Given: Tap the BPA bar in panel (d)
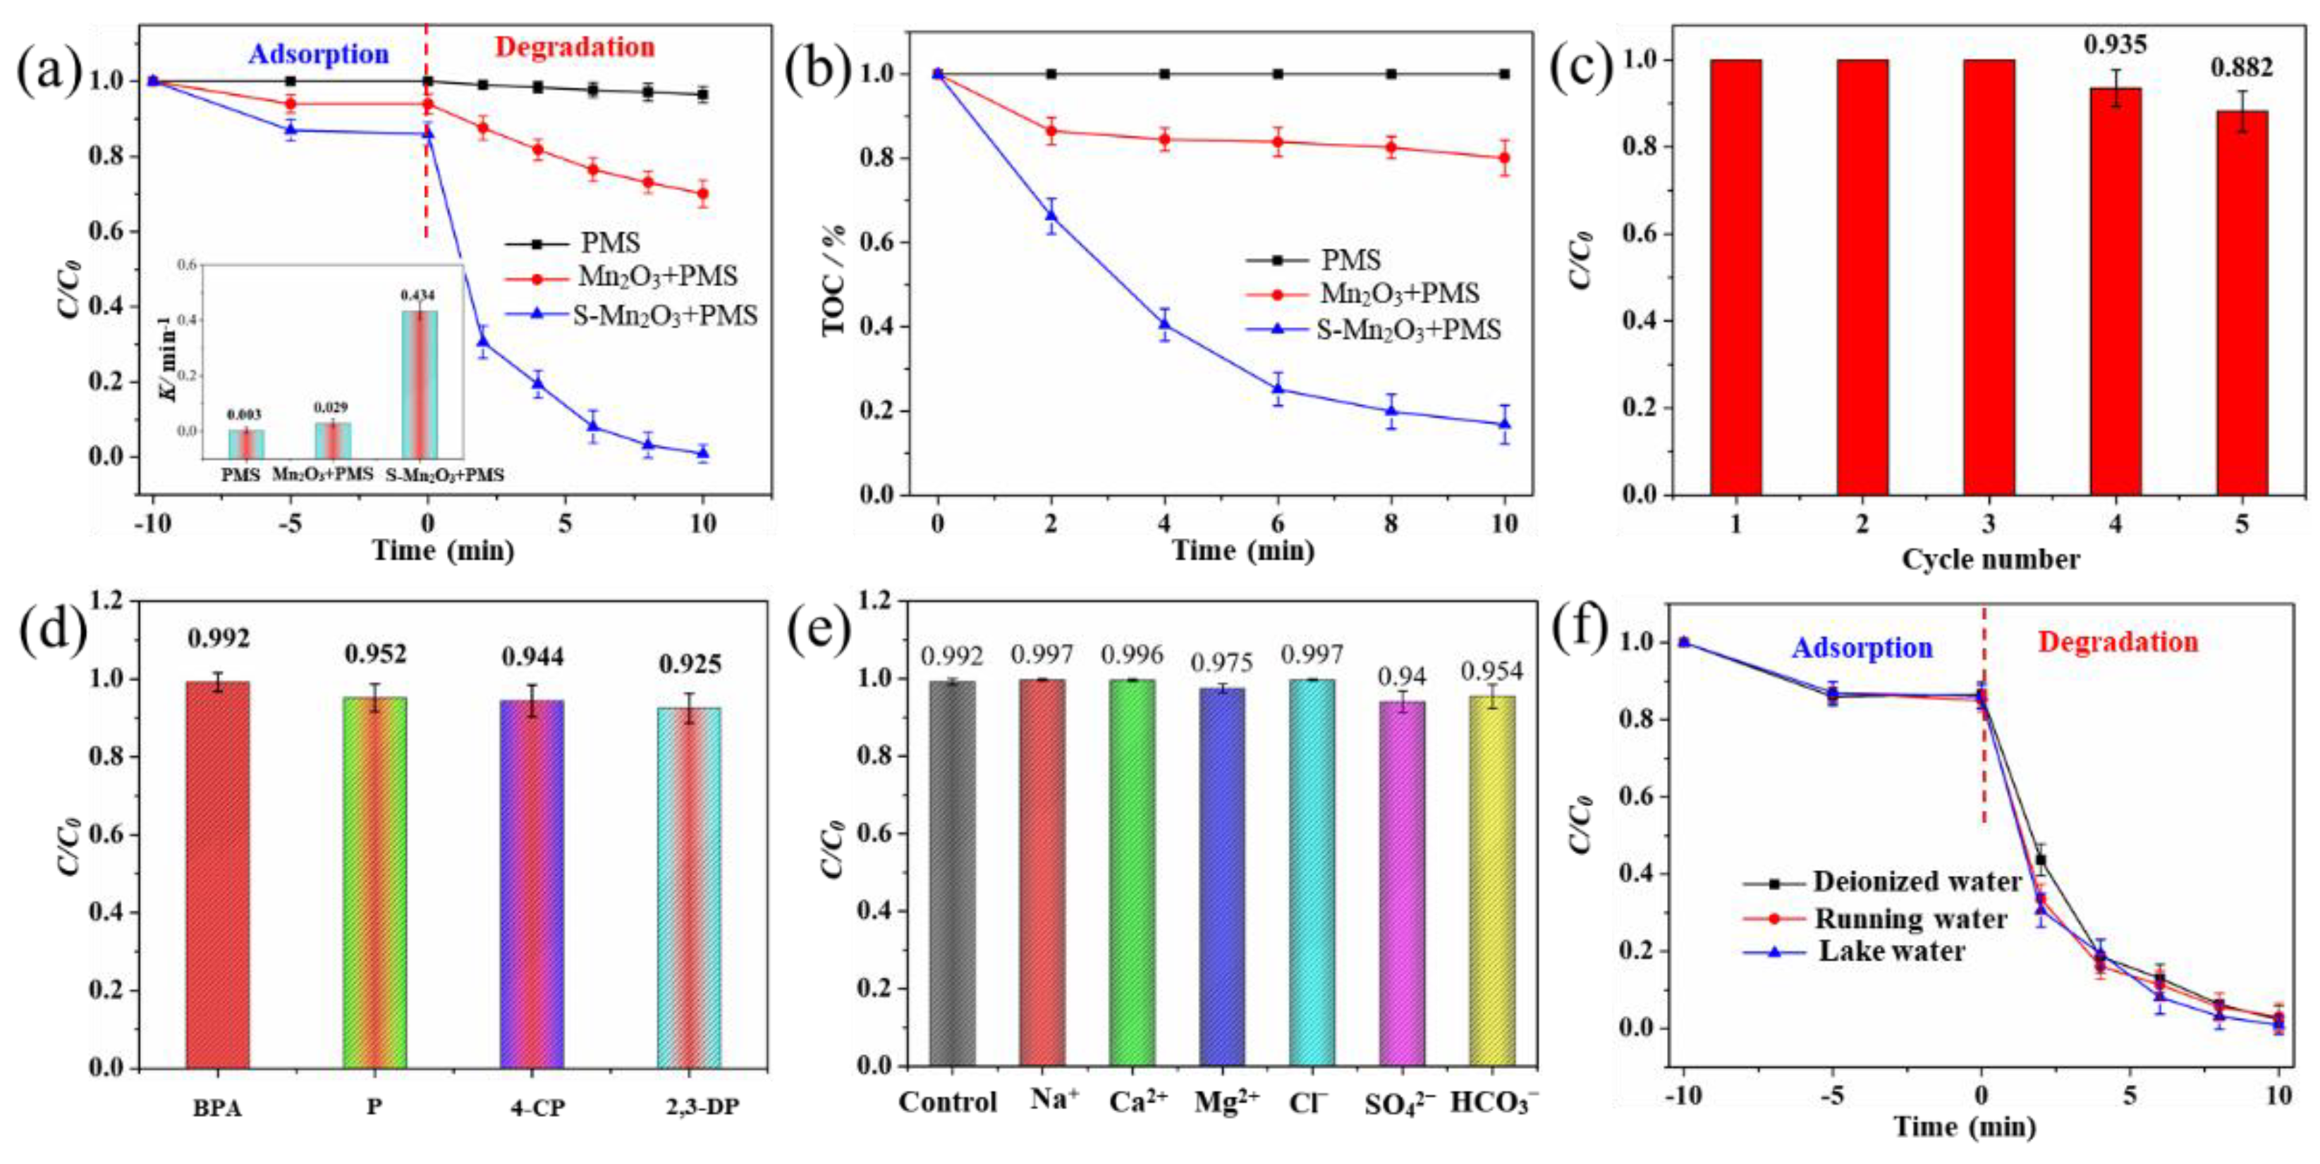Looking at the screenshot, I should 217,873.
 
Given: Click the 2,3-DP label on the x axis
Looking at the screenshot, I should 702,1108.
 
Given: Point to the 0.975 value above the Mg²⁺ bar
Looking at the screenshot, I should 1222,664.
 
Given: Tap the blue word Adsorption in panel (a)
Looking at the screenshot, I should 319,55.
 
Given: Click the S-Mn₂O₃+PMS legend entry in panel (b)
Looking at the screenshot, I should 1408,330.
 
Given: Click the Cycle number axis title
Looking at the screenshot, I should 1991,559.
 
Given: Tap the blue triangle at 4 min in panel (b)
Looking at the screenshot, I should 1164,323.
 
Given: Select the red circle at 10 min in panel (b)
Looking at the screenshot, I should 1504,159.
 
